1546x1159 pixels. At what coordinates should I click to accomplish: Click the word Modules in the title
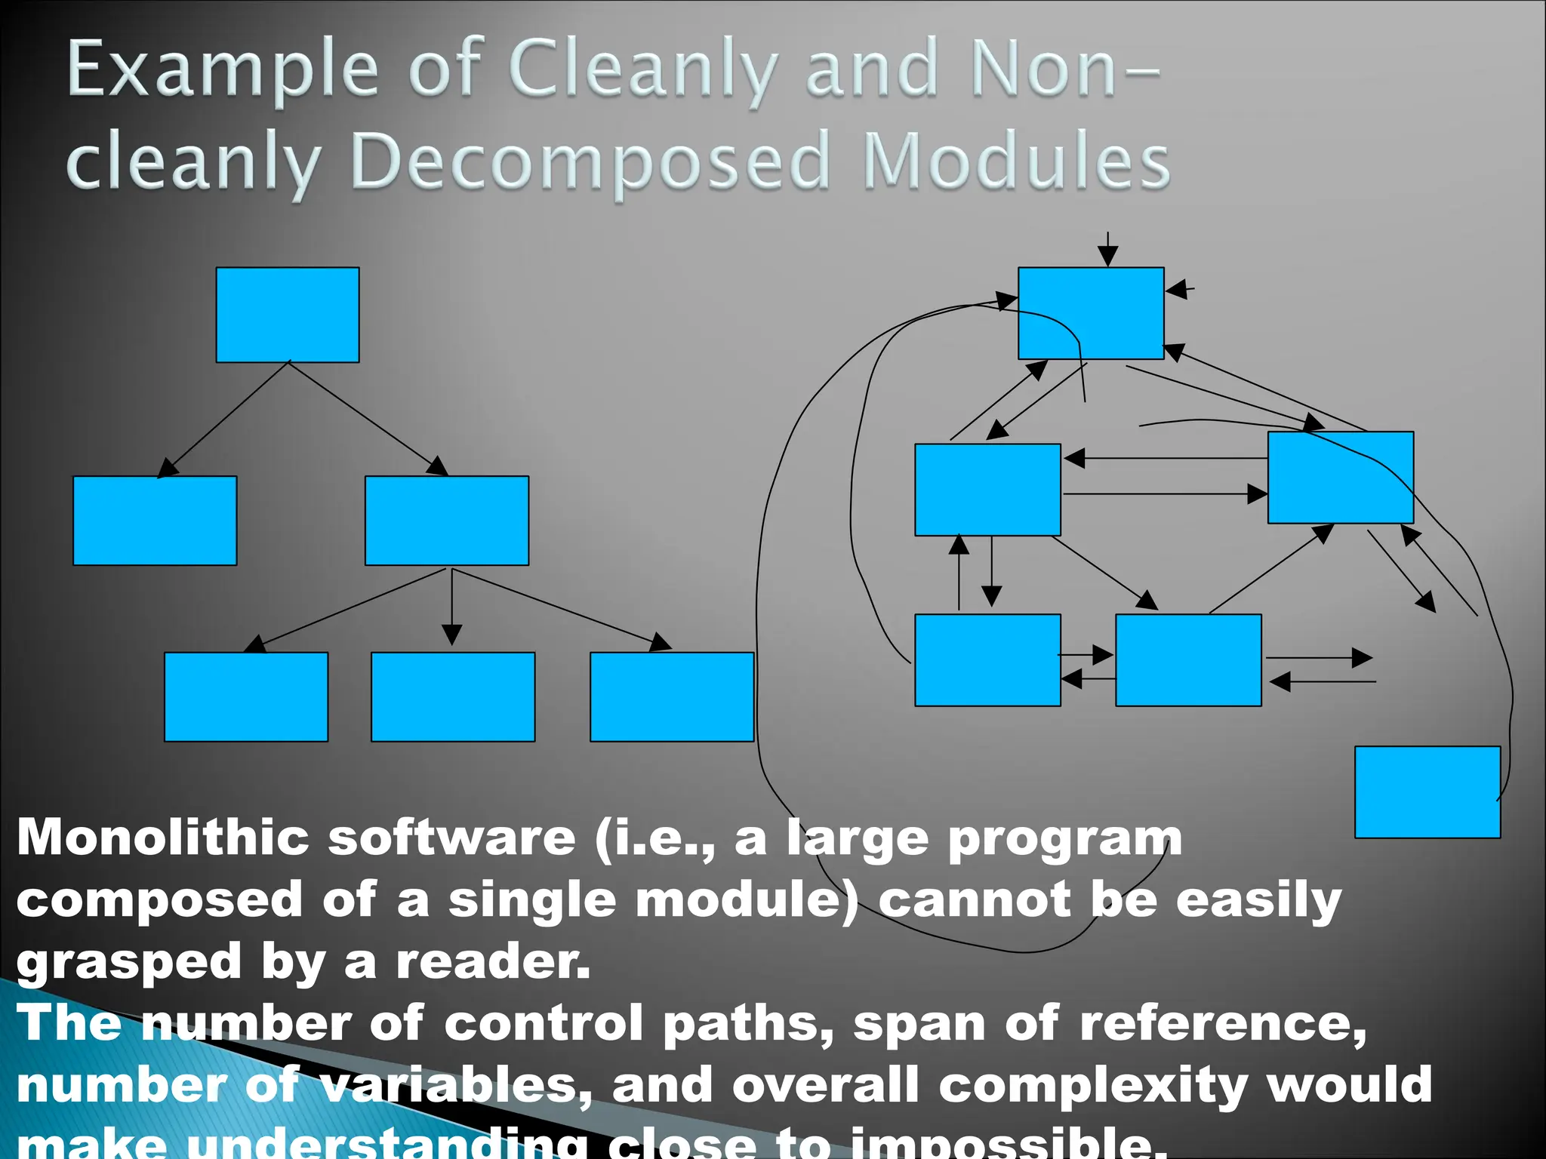tap(1015, 161)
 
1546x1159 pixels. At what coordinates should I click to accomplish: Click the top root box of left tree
tap(288, 315)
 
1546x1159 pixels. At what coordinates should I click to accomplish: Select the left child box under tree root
tap(155, 521)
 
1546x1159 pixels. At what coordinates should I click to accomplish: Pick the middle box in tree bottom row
tap(453, 696)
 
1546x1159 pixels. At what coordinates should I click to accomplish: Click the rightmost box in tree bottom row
tap(672, 696)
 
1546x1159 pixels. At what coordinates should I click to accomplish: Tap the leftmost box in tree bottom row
tap(246, 696)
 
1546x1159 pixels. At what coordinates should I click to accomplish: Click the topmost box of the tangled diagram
tap(1091, 313)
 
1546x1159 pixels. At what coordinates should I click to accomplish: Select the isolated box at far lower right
tap(1427, 792)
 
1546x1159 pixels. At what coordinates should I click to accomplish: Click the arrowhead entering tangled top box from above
tap(1107, 257)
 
